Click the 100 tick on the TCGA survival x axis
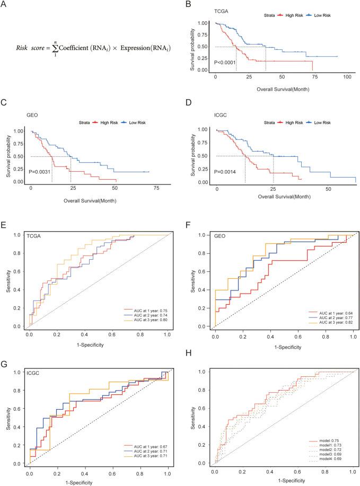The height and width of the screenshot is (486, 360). click(x=347, y=77)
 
